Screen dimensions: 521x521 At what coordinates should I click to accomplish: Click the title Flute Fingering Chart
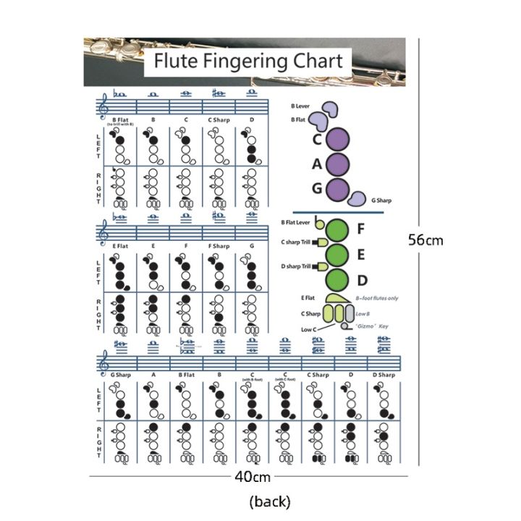tap(248, 61)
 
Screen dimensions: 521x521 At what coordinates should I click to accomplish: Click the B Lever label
tap(300, 106)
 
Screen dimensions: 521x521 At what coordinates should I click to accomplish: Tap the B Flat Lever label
tap(295, 222)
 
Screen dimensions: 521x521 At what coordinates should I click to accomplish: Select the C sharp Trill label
tap(295, 242)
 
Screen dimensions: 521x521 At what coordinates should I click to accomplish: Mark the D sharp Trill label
tap(295, 266)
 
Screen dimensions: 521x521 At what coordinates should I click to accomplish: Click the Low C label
tap(309, 330)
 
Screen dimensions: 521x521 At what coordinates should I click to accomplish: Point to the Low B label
tap(363, 314)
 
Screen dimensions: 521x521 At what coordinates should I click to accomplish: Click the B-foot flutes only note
tap(377, 298)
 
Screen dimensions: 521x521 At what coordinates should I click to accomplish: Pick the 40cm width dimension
tap(252, 477)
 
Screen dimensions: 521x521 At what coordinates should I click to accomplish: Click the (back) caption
tap(269, 501)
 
